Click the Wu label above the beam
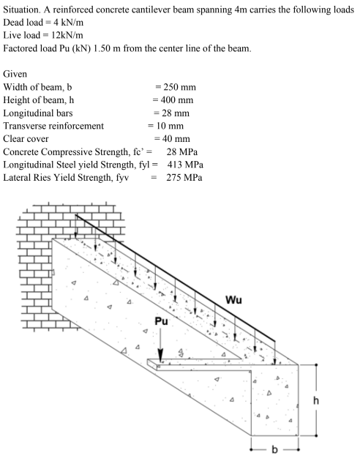pyautogui.click(x=233, y=299)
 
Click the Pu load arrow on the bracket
pyautogui.click(x=162, y=345)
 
